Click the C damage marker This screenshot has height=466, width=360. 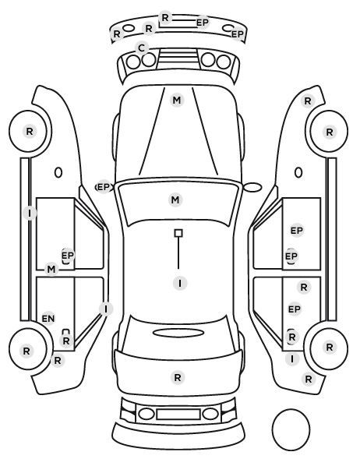(142, 48)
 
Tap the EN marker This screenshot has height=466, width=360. (48, 319)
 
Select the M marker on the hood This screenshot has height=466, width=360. (177, 101)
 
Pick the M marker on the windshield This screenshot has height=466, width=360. (175, 199)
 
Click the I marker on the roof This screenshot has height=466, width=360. (180, 283)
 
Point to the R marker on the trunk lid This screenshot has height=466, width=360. (178, 378)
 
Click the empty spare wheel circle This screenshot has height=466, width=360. (291, 429)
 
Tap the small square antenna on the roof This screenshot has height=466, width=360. (178, 233)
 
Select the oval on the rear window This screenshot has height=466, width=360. (178, 333)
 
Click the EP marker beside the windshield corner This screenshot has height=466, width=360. (104, 187)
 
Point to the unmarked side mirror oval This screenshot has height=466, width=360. (252, 187)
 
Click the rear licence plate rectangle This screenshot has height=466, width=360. (178, 414)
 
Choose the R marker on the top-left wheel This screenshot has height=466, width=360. (30, 131)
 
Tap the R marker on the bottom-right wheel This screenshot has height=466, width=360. (330, 347)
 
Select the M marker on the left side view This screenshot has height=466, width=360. (51, 270)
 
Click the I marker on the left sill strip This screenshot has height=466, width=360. (30, 213)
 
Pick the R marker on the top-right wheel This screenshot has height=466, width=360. (330, 132)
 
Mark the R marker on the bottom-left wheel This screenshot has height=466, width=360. (26, 351)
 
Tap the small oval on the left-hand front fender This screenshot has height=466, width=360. (58, 172)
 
